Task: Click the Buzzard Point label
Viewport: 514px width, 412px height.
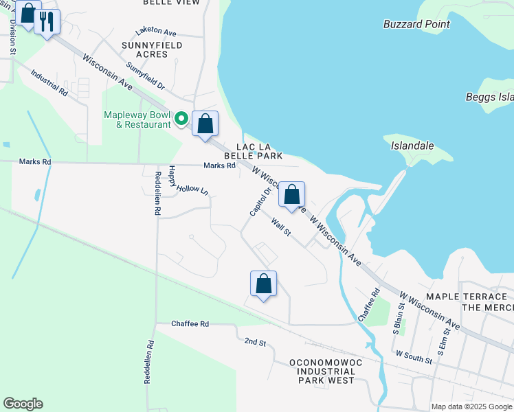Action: (x=417, y=24)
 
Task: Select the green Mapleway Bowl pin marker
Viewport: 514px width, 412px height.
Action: (x=181, y=119)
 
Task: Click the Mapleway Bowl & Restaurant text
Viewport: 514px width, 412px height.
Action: (x=137, y=119)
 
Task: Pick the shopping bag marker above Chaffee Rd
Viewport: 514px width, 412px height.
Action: (x=263, y=283)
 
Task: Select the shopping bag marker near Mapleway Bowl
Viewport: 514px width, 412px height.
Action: (x=205, y=124)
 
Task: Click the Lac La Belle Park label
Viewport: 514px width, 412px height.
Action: (x=259, y=151)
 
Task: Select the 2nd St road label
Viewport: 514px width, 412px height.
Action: (x=255, y=341)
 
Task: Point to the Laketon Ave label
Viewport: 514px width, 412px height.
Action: (x=156, y=32)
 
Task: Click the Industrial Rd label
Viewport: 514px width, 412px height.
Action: (x=49, y=82)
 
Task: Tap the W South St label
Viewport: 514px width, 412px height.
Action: (x=414, y=356)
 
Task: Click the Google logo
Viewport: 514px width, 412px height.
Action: (x=23, y=404)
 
